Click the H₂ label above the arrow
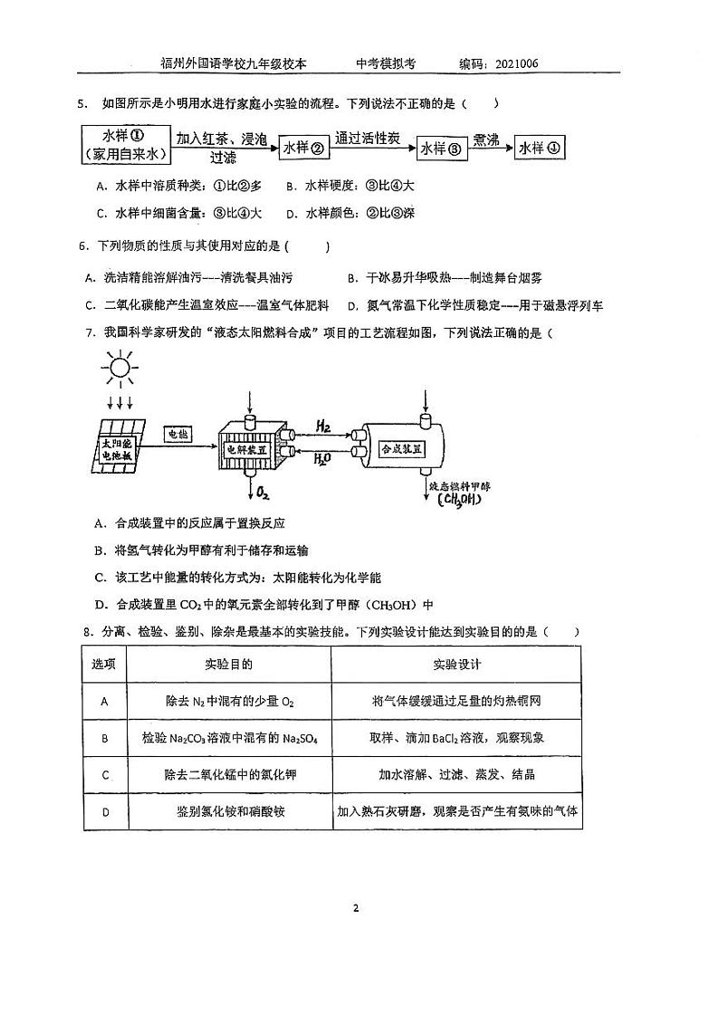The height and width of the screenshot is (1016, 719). [x=322, y=425]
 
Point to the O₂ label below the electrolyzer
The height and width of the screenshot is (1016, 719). [x=264, y=493]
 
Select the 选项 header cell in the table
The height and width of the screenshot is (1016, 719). [x=104, y=665]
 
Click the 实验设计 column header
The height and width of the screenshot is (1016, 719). [x=457, y=665]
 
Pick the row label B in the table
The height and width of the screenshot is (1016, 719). [x=104, y=738]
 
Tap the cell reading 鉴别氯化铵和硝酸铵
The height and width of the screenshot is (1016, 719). [x=229, y=811]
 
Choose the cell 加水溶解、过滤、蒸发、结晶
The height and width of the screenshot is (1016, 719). [x=457, y=774]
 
